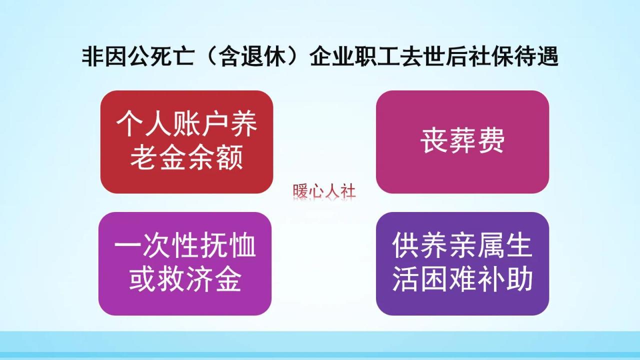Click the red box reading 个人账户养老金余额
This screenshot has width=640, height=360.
coord(186,142)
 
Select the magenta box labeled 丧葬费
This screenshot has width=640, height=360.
coord(462,142)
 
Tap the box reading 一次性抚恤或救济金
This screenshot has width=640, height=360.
coord(185,263)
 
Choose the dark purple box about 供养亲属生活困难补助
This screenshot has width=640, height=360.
coord(462,263)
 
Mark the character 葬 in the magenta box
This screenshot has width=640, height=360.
coord(462,142)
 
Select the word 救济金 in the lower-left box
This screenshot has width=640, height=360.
coord(200,280)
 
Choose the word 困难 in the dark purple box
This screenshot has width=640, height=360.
coord(462,280)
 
